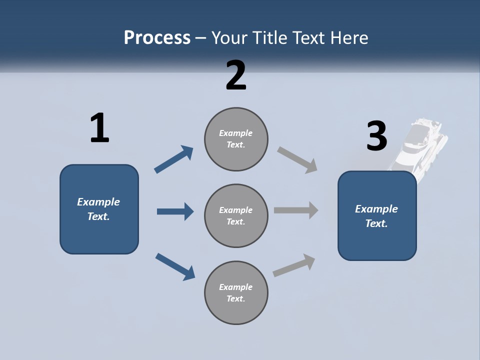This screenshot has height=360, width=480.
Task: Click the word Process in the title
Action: (x=157, y=38)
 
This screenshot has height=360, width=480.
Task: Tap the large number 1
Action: (x=99, y=128)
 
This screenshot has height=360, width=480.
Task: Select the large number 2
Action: (x=236, y=75)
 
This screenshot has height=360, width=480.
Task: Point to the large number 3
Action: (x=376, y=135)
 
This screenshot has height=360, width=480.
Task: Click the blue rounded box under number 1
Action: (x=99, y=209)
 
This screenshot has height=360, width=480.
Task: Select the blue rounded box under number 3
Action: (x=377, y=216)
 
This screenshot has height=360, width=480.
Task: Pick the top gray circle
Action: (x=236, y=139)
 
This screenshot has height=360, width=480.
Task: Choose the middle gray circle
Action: (x=236, y=216)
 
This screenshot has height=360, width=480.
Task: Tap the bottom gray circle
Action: (x=236, y=293)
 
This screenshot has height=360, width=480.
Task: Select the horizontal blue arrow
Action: (x=175, y=211)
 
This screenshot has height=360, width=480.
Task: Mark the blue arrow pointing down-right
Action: (x=175, y=266)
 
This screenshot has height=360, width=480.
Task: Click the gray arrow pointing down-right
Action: (x=297, y=160)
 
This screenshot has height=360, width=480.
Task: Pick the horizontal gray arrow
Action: (x=296, y=210)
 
